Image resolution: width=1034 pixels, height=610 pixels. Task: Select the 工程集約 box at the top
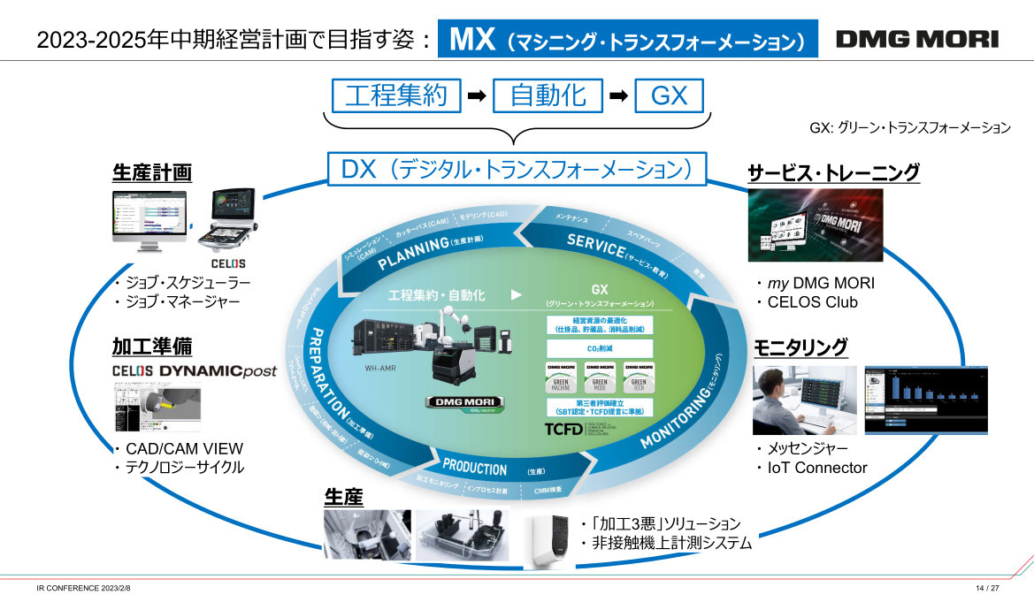pyautogui.click(x=396, y=95)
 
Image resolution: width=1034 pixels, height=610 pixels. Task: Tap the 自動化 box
pyautogui.click(x=548, y=95)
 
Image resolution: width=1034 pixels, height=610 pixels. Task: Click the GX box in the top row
pyautogui.click(x=669, y=95)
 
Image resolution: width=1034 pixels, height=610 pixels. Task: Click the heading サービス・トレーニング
pyautogui.click(x=833, y=172)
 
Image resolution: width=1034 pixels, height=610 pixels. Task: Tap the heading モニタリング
pyautogui.click(x=800, y=347)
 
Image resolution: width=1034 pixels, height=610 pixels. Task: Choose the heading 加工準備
pyautogui.click(x=152, y=346)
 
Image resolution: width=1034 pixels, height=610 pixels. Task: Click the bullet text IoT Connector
pyautogui.click(x=818, y=468)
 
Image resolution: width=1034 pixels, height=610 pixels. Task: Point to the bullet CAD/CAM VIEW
pyautogui.click(x=183, y=448)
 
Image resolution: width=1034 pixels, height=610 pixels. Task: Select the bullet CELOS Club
pyautogui.click(x=812, y=302)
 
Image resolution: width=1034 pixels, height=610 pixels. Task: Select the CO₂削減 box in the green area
pyautogui.click(x=600, y=348)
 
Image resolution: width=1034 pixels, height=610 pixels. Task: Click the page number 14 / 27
pyautogui.click(x=987, y=589)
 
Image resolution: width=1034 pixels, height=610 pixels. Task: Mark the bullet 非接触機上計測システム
pyautogui.click(x=671, y=544)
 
